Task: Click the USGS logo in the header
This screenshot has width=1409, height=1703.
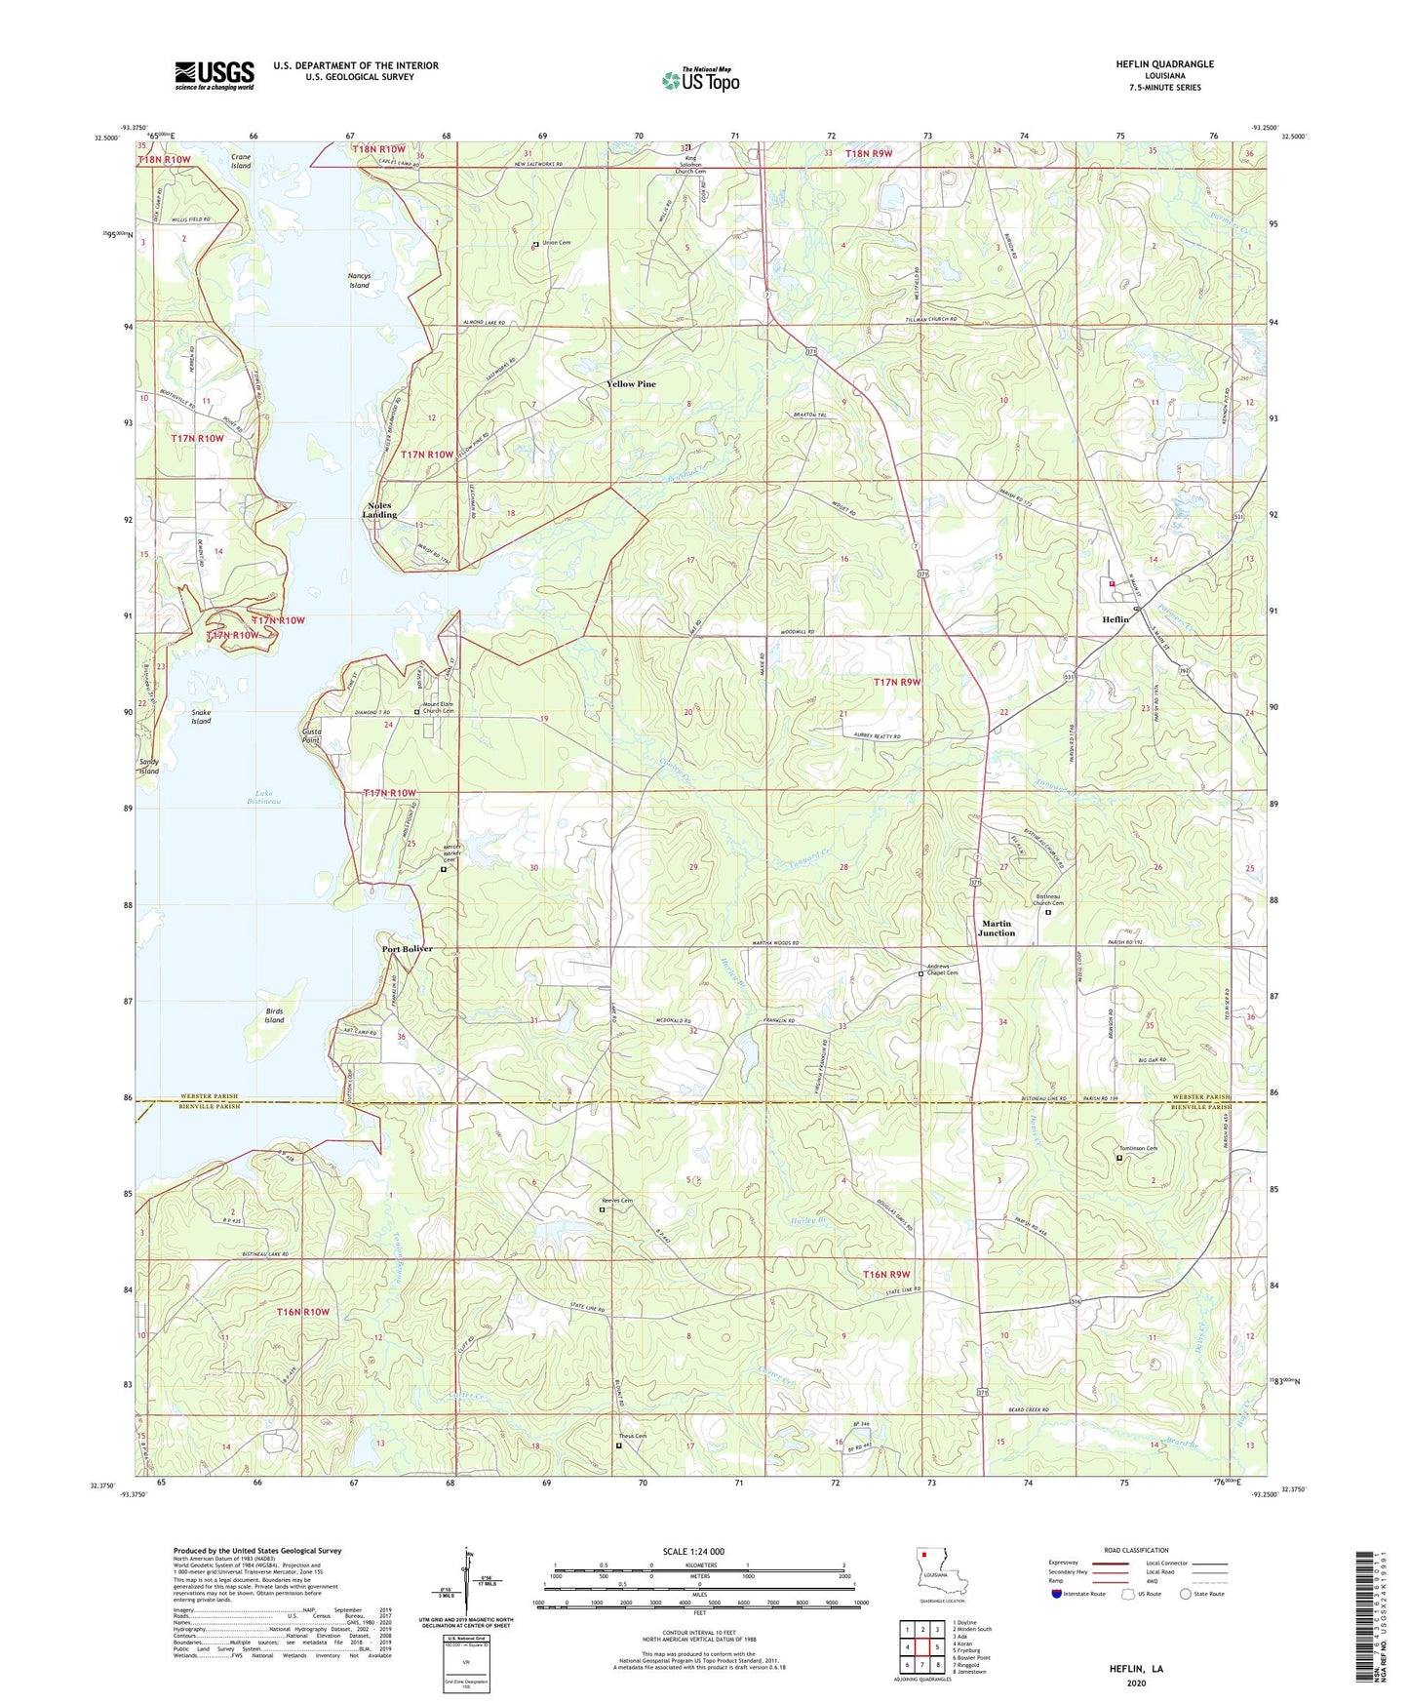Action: [215, 75]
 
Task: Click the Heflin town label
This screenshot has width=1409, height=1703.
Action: [1115, 619]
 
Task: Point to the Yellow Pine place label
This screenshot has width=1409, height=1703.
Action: [631, 384]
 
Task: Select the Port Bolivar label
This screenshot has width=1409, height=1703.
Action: [407, 949]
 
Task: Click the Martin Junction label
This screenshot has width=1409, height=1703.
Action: [997, 928]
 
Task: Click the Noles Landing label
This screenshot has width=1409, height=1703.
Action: [379, 510]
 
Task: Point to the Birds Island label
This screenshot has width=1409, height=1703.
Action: [274, 1015]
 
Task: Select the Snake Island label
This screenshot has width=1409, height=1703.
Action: [201, 717]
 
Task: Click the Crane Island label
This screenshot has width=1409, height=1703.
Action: [241, 161]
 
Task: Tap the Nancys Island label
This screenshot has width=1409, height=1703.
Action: [359, 281]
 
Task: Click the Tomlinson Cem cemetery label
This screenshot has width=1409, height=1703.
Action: [1137, 1148]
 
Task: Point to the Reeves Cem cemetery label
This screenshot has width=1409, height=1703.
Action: [616, 1201]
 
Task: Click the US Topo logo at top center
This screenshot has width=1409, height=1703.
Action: [700, 80]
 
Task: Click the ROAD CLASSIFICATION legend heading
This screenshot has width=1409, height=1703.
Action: [1136, 1551]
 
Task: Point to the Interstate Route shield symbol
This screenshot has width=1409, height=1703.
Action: [1058, 1595]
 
